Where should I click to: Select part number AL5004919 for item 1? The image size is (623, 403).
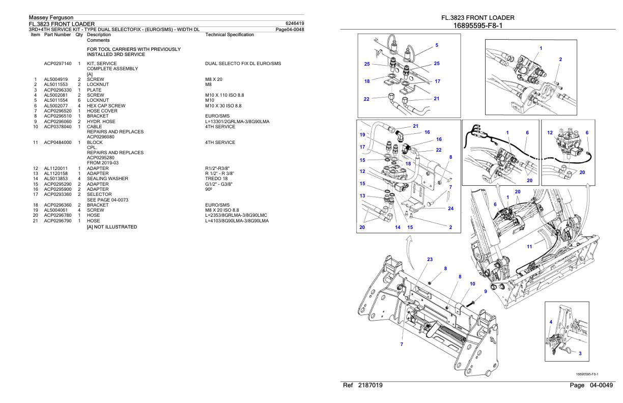55,80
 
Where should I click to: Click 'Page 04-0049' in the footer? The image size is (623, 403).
591,386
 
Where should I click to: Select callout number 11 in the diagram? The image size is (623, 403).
529,247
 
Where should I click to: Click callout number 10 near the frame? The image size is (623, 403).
472,283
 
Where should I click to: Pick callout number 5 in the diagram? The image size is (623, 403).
436,46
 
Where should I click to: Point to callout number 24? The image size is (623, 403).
450,208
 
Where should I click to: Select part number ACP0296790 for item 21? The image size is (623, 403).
58,220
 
